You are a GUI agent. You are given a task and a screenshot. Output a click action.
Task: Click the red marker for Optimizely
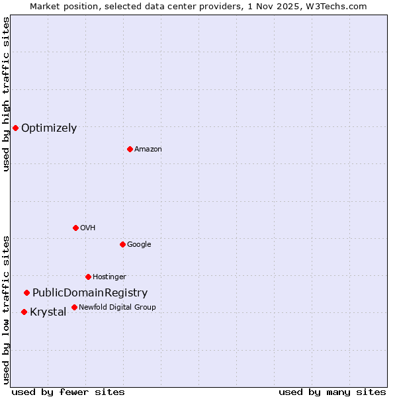click(x=15, y=128)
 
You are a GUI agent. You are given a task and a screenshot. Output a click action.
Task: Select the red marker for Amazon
click(x=130, y=149)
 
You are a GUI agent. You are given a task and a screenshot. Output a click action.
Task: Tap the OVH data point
click(x=75, y=228)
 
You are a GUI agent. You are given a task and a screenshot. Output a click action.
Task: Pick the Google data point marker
click(x=122, y=244)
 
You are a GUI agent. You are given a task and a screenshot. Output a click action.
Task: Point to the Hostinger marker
click(x=88, y=277)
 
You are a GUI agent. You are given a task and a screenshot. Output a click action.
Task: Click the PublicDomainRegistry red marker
click(x=26, y=292)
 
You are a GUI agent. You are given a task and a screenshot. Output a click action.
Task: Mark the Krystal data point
click(x=24, y=312)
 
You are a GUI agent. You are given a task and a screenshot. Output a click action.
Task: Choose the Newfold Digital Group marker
click(x=74, y=307)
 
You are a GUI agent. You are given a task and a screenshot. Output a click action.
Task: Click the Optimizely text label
click(x=49, y=128)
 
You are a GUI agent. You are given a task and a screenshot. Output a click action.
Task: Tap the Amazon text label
click(x=148, y=150)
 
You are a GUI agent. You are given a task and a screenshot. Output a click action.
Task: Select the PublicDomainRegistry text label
click(x=90, y=293)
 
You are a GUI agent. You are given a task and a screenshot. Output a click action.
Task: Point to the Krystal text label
click(x=48, y=312)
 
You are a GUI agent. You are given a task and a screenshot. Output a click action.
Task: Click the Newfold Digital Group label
click(x=117, y=308)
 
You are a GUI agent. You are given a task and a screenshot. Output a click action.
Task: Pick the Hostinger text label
click(x=109, y=277)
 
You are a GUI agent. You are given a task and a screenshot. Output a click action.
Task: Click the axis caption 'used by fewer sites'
click(x=68, y=392)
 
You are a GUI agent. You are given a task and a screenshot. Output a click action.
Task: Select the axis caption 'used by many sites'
click(x=332, y=392)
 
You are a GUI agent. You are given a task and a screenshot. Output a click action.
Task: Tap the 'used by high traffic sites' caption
click(x=7, y=94)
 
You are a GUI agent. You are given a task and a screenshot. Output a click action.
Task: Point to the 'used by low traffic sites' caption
click(x=7, y=310)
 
